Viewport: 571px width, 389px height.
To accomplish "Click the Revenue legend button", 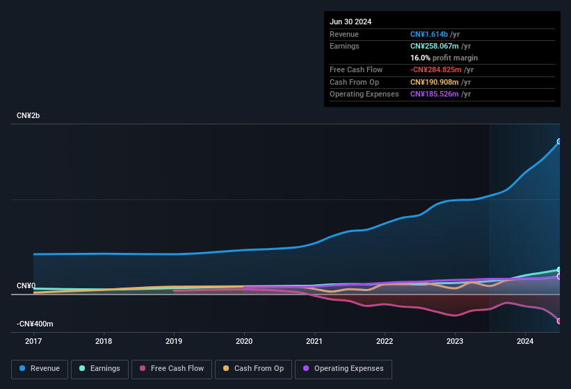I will pyautogui.click(x=40, y=369).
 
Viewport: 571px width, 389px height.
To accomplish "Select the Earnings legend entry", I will pyautogui.click(x=98, y=369).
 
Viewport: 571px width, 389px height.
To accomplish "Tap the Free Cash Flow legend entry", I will pyautogui.click(x=172, y=369).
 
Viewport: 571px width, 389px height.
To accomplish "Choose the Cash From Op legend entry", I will pyautogui.click(x=254, y=369).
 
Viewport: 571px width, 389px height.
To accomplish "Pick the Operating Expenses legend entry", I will pyautogui.click(x=344, y=369).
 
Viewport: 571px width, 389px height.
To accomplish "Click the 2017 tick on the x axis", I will pyautogui.click(x=33, y=341).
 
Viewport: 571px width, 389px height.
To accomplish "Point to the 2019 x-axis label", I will pyautogui.click(x=174, y=341).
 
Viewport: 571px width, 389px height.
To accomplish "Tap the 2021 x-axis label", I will pyautogui.click(x=314, y=341).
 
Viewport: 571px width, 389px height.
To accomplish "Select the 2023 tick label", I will pyautogui.click(x=455, y=341).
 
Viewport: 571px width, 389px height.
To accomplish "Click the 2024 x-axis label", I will pyautogui.click(x=525, y=341).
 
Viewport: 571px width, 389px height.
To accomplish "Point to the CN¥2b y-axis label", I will pyautogui.click(x=29, y=115).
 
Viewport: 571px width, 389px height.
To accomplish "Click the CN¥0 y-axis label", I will pyautogui.click(x=26, y=286).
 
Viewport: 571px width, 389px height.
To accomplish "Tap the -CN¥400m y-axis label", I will pyautogui.click(x=35, y=324).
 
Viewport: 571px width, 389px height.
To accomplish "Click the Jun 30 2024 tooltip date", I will pyautogui.click(x=351, y=22).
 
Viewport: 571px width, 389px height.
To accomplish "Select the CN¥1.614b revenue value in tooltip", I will pyautogui.click(x=434, y=34).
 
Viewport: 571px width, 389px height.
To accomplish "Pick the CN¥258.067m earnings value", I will pyautogui.click(x=440, y=46).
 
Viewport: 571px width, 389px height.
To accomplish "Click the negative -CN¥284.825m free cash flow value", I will pyautogui.click(x=442, y=69).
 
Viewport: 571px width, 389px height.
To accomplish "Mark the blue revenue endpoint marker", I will pyautogui.click(x=558, y=142).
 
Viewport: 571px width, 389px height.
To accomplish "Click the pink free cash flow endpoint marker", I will pyautogui.click(x=558, y=321).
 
